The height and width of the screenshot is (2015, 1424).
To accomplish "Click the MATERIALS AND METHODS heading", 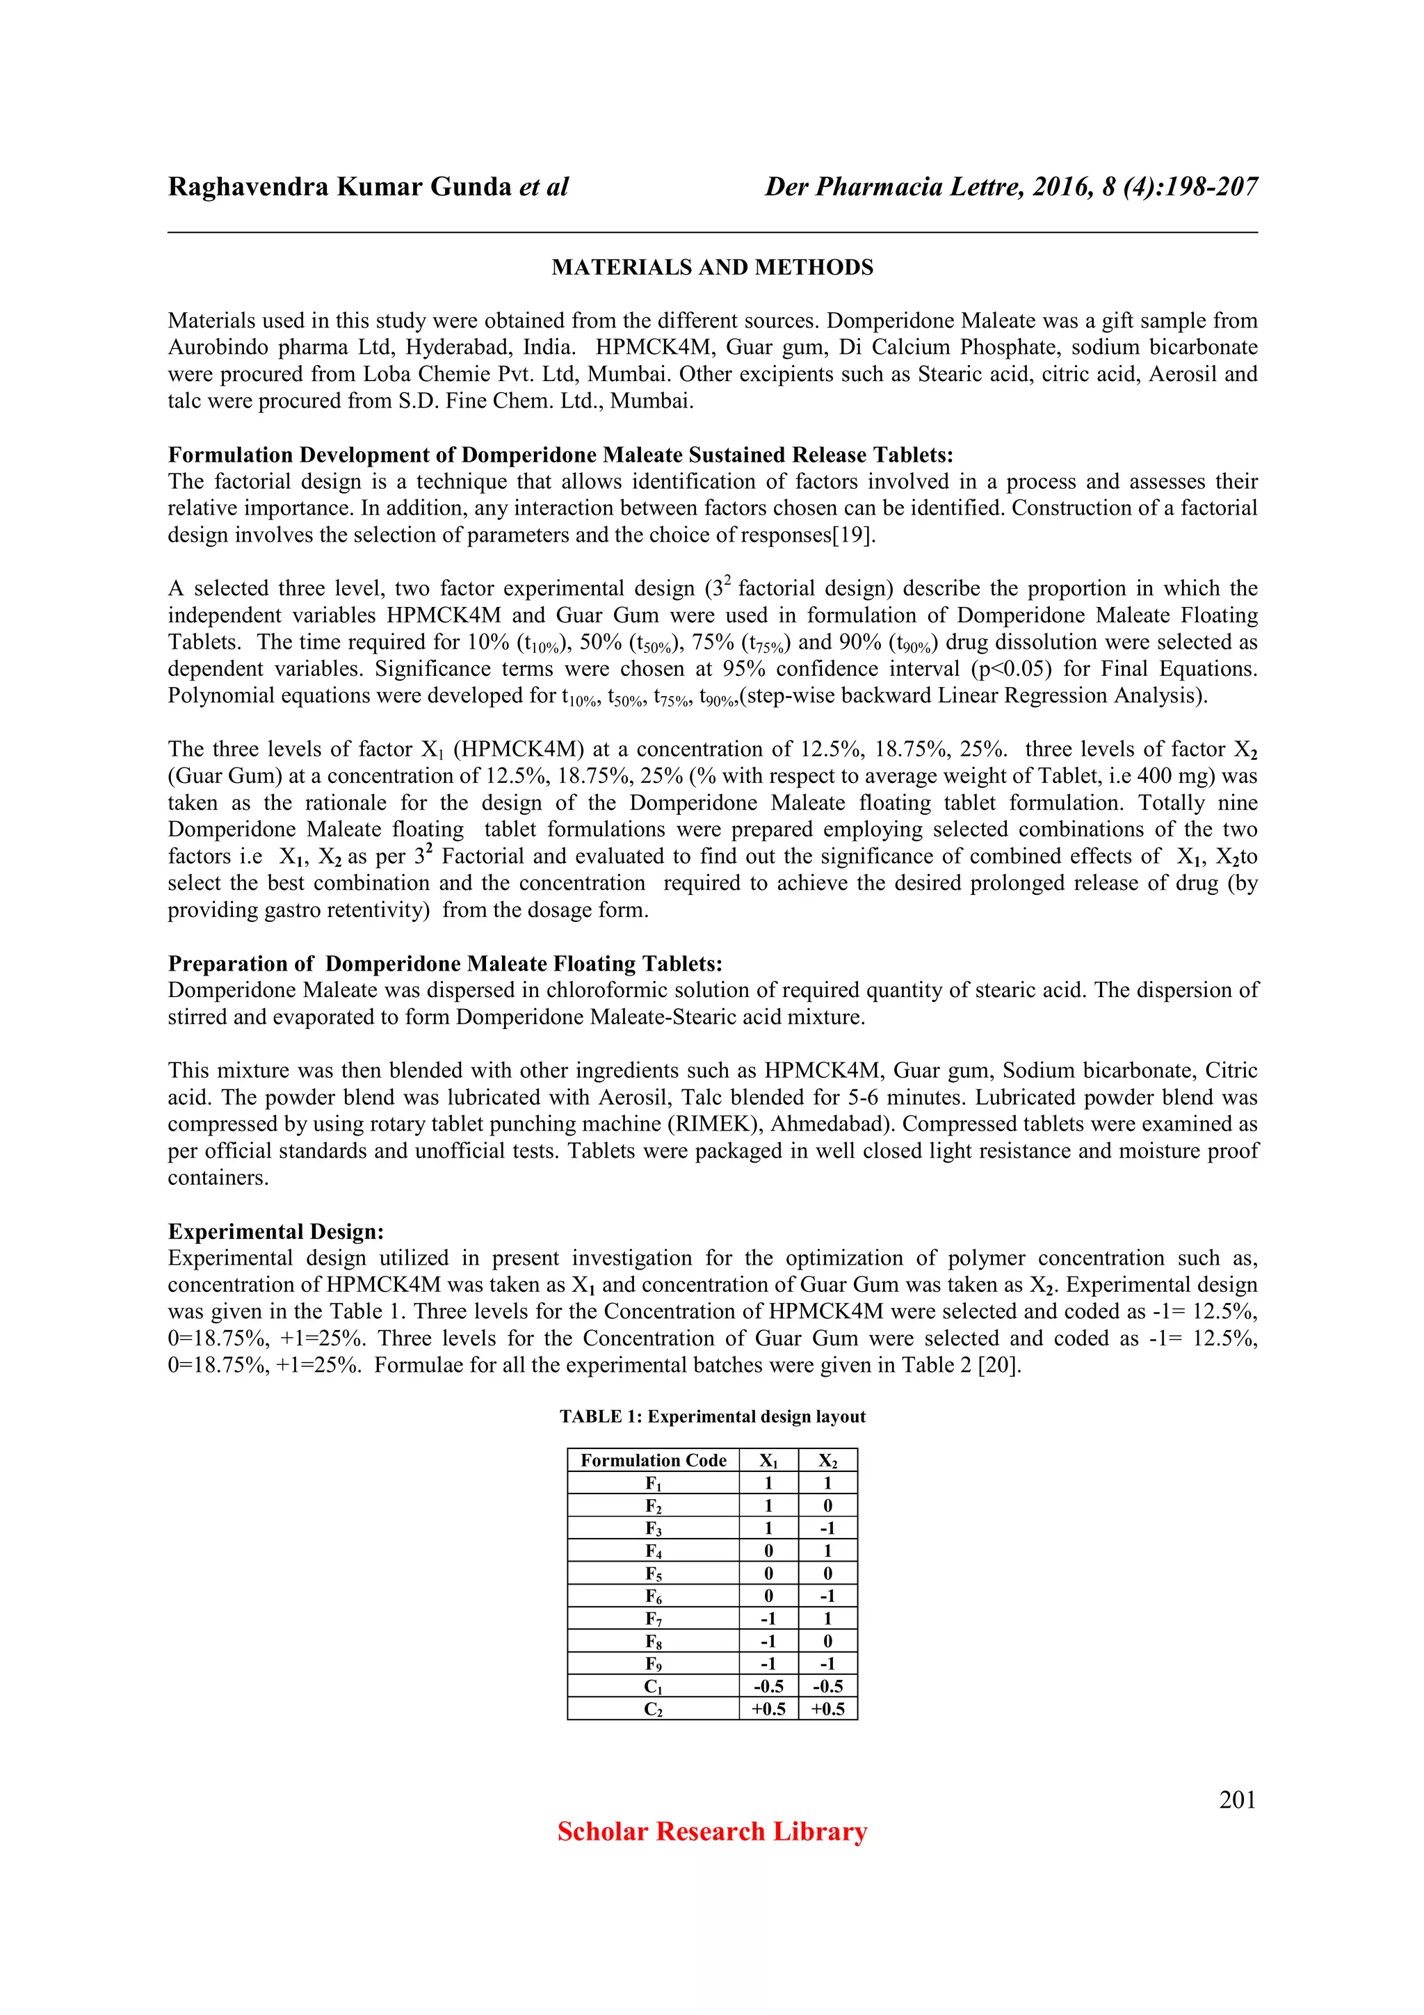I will tap(711, 268).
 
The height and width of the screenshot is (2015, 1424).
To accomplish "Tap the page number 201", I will tap(1237, 1800).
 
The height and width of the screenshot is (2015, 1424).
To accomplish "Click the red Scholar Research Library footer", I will tap(711, 1831).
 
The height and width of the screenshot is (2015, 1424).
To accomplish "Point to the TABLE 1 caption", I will tap(711, 1416).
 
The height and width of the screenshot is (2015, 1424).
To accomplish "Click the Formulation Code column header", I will tap(653, 1460).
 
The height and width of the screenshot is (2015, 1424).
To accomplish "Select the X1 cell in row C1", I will tap(768, 1687).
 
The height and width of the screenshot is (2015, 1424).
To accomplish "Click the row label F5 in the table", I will tap(653, 1574).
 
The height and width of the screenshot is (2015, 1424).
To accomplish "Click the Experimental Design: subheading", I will tap(275, 1231).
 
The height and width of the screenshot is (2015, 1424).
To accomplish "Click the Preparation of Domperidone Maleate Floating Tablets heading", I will tap(445, 964).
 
